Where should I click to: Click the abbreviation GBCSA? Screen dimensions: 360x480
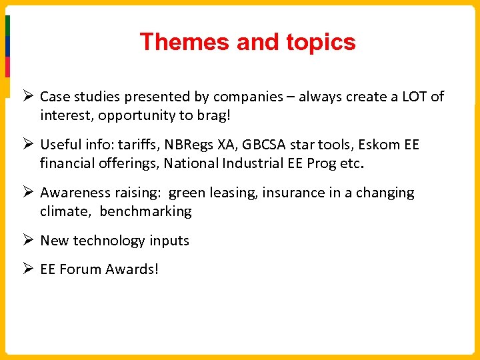pos(267,145)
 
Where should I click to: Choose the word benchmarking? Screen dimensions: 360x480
pos(146,211)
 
